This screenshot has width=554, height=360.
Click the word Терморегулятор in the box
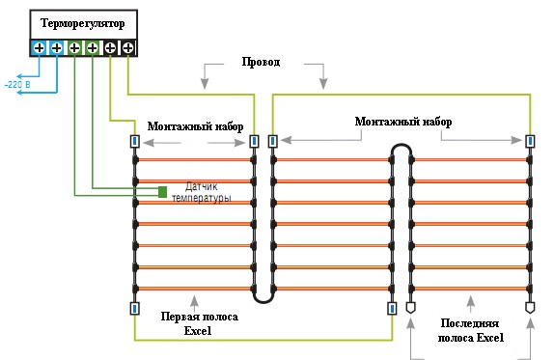tap(83, 24)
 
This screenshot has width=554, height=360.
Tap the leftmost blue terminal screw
tap(40, 47)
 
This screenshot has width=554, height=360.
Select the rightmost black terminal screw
tap(128, 47)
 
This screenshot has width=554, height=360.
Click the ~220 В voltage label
tap(17, 85)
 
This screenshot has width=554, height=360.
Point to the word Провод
tap(262, 62)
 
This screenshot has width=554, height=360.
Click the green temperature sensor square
tap(162, 192)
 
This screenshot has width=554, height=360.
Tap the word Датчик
tap(202, 186)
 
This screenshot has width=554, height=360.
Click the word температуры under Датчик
tap(202, 198)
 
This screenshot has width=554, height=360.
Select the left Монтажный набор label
tap(195, 126)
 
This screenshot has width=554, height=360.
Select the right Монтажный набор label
tap(403, 122)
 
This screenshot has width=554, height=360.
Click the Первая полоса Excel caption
tap(199, 323)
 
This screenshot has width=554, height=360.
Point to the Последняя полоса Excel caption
tap(471, 330)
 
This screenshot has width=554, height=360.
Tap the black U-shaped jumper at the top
tap(402, 146)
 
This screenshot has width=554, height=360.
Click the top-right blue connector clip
tap(530, 141)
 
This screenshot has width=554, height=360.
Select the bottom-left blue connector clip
tap(134, 309)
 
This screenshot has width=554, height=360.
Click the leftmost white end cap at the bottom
tap(410, 307)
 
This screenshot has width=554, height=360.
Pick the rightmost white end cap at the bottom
tap(529, 307)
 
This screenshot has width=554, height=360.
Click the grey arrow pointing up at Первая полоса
tap(194, 303)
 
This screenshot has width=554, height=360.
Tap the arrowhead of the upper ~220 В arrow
tap(19, 76)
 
